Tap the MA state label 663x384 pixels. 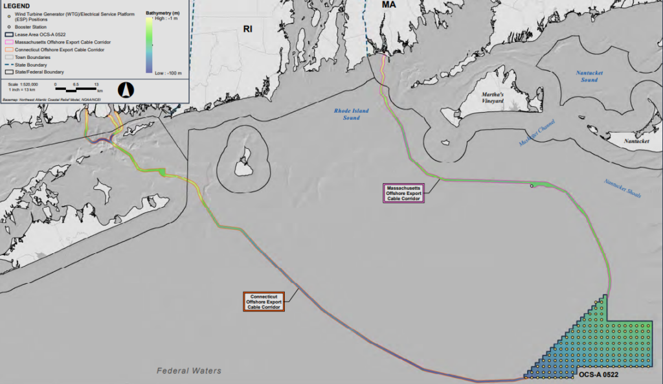point(388,5)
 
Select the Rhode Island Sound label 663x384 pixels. point(351,115)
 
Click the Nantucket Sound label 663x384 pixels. point(589,76)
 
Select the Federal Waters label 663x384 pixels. point(189,370)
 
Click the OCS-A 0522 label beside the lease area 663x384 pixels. point(599,375)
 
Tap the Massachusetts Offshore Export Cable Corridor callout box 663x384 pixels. point(403,193)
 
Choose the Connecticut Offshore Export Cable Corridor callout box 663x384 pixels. point(264,302)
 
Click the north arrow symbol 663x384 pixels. point(124,90)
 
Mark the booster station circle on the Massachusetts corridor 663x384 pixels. point(532,186)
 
